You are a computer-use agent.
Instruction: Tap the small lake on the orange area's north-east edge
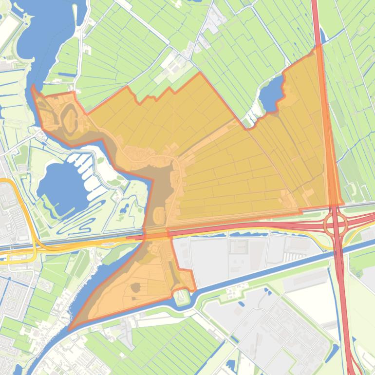point(271,94)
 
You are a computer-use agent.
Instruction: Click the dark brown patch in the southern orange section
point(136,287)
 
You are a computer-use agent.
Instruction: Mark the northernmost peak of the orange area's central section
point(199,74)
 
